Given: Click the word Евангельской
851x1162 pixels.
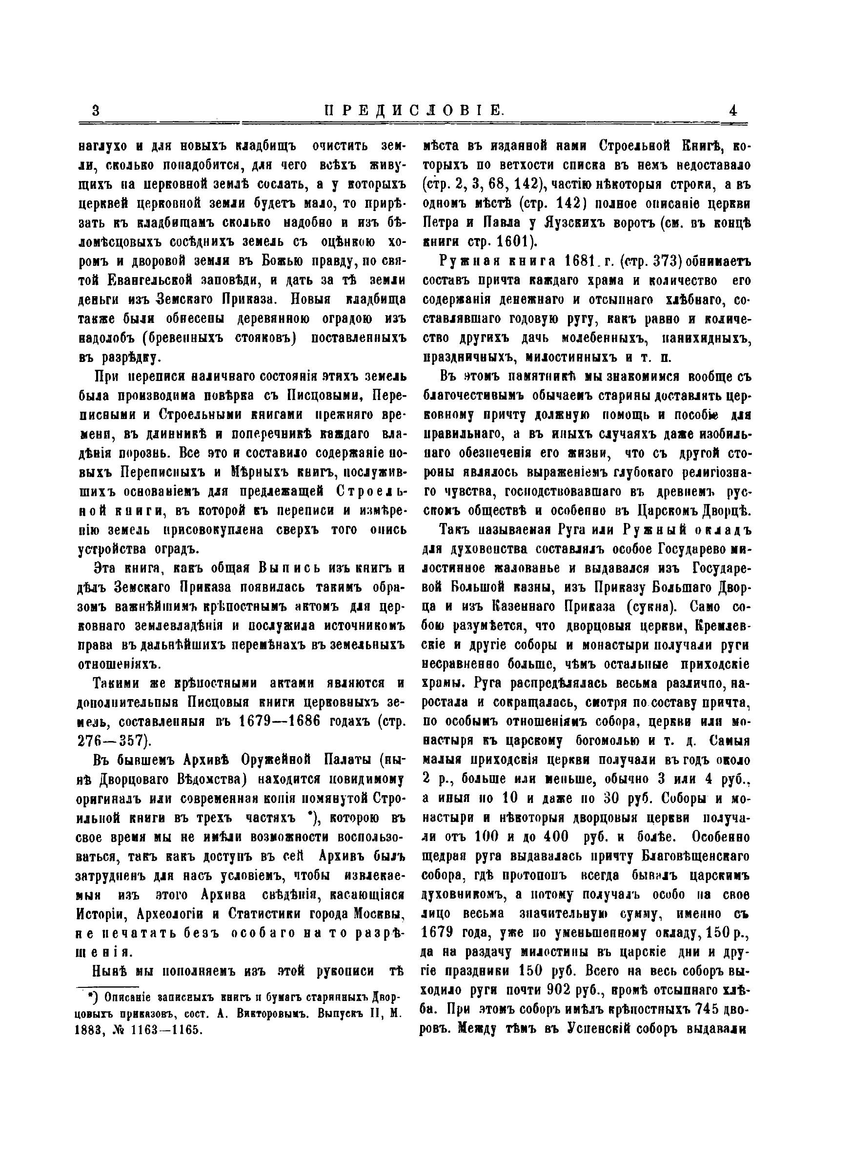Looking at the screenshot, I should tap(151, 280).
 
